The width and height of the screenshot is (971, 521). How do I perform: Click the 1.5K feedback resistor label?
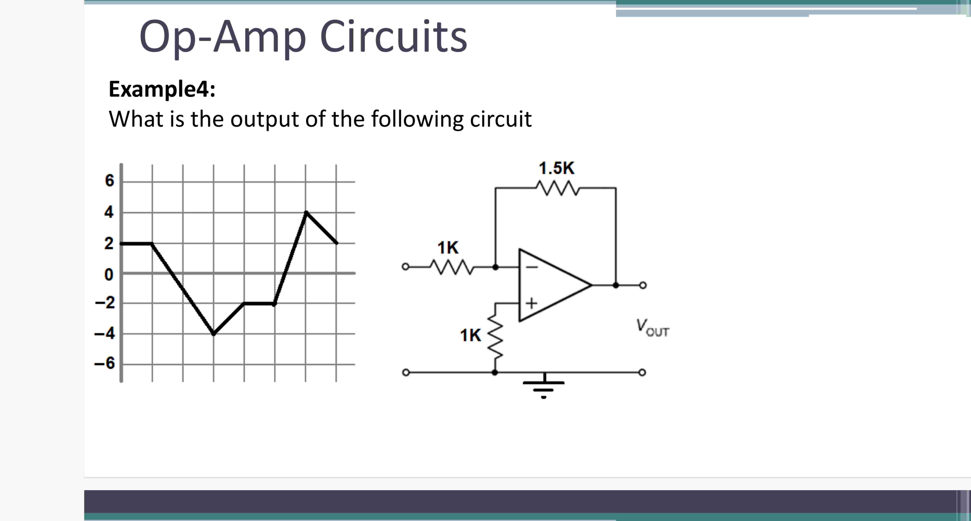(556, 168)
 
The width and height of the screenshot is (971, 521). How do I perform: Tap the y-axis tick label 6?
(109, 181)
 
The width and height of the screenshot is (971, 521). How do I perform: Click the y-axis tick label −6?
(105, 363)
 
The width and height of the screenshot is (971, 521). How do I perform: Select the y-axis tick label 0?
(109, 274)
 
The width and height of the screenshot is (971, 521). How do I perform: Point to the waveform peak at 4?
(306, 212)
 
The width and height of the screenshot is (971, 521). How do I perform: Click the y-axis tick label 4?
(109, 212)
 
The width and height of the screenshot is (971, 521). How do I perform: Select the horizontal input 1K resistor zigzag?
(452, 267)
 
